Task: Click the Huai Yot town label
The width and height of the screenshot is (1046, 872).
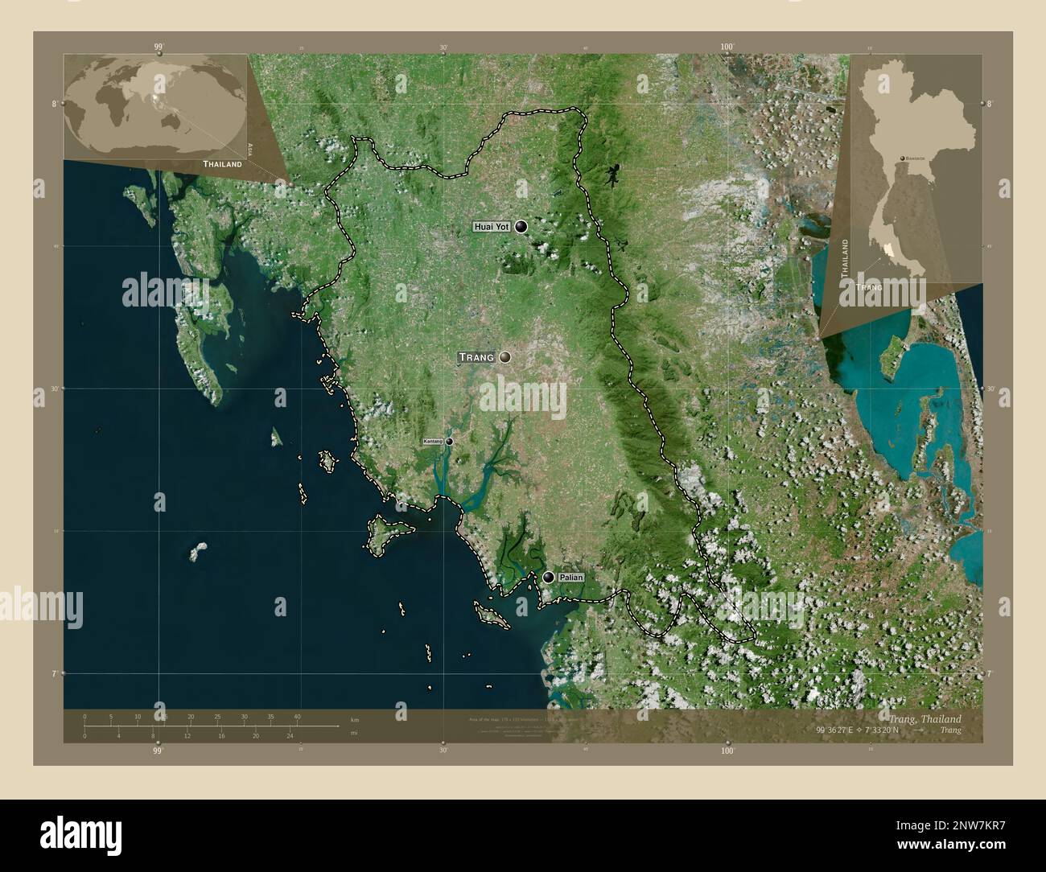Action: pyautogui.click(x=492, y=228)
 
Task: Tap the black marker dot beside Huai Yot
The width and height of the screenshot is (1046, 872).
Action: pyautogui.click(x=522, y=228)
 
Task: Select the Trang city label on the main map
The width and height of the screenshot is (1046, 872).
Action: pyautogui.click(x=476, y=356)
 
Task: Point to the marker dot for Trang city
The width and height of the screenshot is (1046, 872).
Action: pyautogui.click(x=505, y=356)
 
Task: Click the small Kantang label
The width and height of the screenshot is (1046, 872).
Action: pyautogui.click(x=433, y=442)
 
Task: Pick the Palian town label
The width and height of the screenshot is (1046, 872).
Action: pyautogui.click(x=570, y=578)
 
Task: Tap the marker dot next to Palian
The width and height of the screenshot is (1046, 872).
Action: pyautogui.click(x=549, y=577)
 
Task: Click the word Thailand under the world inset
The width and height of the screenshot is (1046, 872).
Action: pyautogui.click(x=222, y=164)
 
